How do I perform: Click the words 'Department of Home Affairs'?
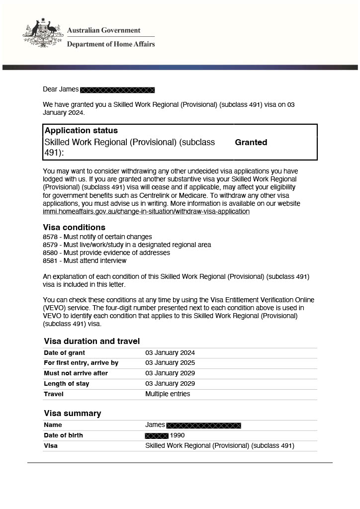111,44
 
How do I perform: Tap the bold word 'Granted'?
251,143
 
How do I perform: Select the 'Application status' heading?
81,131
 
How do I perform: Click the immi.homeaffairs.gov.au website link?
146,212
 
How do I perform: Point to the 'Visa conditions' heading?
74,228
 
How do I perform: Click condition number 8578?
50,237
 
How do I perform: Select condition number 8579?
50,245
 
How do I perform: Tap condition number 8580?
50,253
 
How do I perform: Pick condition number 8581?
50,261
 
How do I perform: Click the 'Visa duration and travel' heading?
92,341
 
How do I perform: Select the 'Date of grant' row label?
65,353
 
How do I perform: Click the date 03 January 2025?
170,363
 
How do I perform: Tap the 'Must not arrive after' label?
76,373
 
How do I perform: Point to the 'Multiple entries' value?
168,394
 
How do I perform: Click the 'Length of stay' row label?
67,384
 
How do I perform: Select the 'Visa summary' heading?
73,414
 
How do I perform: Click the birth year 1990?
177,435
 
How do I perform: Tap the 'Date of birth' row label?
63,435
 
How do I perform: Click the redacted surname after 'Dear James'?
117,90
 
